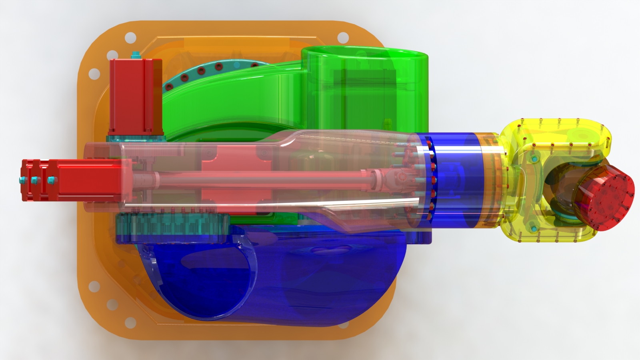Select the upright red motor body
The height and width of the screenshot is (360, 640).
[x=135, y=96]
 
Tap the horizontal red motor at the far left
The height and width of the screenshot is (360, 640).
[x=72, y=180]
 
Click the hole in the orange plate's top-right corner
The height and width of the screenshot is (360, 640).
[x=343, y=38]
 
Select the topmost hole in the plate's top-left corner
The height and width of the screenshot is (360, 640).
[x=130, y=38]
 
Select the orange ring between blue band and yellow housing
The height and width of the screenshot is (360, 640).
[x=490, y=180]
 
